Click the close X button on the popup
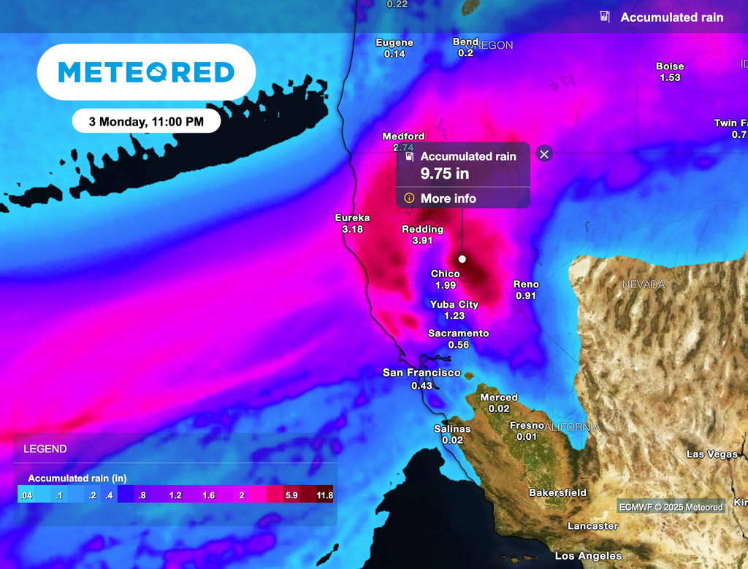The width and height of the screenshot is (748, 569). coord(544,154)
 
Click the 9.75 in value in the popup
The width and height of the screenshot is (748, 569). coord(444,174)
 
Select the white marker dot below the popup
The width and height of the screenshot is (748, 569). coord(462,259)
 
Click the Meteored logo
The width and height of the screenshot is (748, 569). coord(146,72)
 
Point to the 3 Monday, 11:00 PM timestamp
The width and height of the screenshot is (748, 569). coord(146,122)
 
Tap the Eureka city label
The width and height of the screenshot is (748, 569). coord(352,217)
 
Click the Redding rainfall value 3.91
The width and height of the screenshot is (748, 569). coord(423,241)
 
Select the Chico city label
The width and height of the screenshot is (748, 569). coord(445,274)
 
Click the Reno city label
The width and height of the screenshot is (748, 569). coord(526,284)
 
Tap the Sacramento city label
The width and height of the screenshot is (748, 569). coord(458,333)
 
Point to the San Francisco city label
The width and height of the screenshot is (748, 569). coord(421,373)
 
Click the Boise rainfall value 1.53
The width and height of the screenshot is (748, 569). coord(669,77)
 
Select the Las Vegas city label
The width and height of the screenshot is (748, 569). coord(712,454)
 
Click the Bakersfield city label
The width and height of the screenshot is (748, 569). coord(557,492)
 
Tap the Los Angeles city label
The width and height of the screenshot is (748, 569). coord(588,556)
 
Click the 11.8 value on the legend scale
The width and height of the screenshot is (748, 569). coord(325,495)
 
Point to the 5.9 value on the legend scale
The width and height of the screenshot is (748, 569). coord(291,495)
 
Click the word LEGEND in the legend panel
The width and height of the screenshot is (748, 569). coord(45,449)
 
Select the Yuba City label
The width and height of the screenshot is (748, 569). coord(454,304)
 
